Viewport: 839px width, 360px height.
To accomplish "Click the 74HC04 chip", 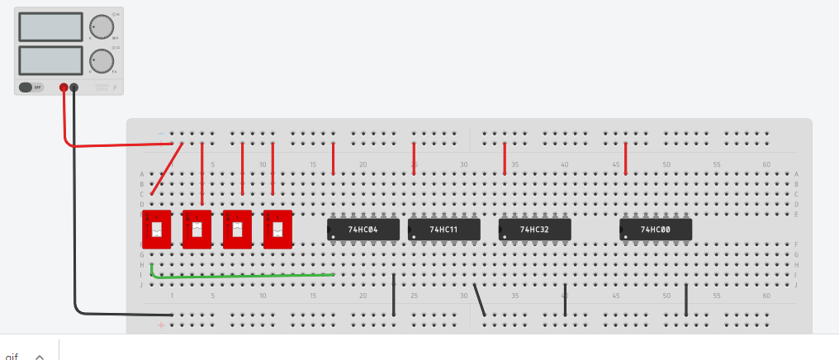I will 363,230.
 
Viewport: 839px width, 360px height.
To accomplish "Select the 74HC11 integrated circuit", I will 444,230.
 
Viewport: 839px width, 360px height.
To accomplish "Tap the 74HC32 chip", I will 534,230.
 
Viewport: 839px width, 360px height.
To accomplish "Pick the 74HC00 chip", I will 655,230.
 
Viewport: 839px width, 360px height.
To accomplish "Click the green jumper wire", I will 248,275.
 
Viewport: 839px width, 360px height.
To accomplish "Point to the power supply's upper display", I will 50,27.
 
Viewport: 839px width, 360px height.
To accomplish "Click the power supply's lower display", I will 50,60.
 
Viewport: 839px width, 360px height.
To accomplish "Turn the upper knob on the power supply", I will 102,26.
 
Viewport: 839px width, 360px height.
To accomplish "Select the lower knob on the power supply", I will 102,60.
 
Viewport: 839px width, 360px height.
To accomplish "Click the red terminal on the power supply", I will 64,87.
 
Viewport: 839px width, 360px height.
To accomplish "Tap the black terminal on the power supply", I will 74,87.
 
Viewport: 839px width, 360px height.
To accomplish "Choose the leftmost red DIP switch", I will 156,229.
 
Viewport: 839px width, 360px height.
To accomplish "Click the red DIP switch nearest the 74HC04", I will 277,229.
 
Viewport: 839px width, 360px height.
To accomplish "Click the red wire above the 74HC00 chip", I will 626,159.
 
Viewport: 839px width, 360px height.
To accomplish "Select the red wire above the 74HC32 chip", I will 505,159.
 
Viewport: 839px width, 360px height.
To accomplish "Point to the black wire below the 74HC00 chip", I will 686,300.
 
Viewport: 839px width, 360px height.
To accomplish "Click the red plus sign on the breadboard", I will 161,325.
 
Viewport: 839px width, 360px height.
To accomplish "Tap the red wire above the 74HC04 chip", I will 334,159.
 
